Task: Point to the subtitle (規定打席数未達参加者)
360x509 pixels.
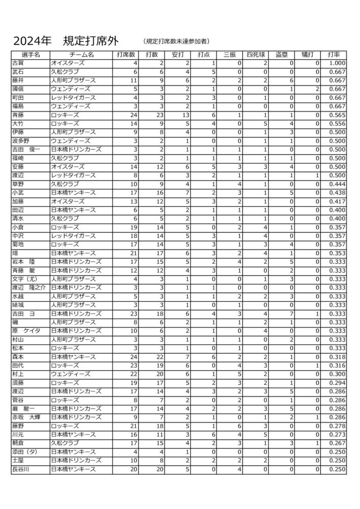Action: click(x=177, y=41)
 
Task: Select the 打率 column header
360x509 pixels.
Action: click(x=334, y=54)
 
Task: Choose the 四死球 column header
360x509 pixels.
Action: click(x=256, y=54)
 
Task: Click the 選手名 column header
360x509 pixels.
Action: click(x=30, y=54)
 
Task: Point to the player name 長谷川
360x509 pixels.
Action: click(x=21, y=469)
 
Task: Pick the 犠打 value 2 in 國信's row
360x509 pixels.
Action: click(x=317, y=89)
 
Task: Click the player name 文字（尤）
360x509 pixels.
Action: click(x=25, y=279)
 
